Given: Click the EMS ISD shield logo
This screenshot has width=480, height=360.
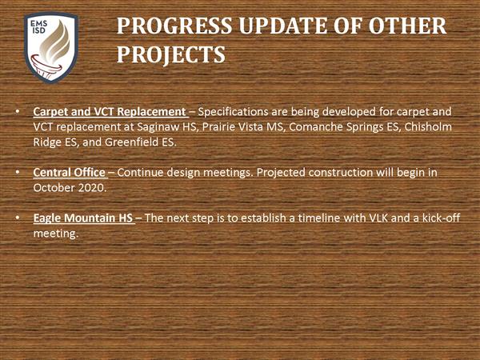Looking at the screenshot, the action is (x=51, y=47).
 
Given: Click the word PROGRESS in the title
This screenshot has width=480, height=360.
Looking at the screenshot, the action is (x=174, y=26).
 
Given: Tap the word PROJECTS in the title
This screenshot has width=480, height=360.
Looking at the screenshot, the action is (x=171, y=55).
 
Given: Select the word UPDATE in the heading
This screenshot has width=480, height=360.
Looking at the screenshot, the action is (x=283, y=26).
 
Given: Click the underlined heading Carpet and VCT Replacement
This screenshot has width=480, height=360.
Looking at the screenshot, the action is (x=110, y=112).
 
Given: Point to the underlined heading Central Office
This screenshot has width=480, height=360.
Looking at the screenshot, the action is (x=69, y=172).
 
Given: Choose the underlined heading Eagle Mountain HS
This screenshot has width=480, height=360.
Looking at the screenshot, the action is (x=83, y=218).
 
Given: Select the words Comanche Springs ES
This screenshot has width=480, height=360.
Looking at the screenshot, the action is (x=344, y=127).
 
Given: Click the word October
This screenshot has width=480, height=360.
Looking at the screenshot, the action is (x=54, y=188).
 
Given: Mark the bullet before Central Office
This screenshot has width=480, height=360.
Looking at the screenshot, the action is (x=18, y=173).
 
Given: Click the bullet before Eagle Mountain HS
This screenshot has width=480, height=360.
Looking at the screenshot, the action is (x=18, y=218).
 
